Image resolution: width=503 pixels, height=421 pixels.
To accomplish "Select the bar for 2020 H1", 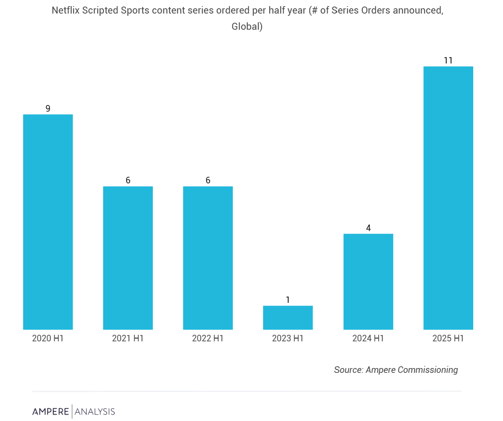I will coord(48,221).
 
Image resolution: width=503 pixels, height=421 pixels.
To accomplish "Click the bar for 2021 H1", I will coord(128,258).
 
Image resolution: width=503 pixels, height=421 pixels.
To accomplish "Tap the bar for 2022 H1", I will coord(208,258).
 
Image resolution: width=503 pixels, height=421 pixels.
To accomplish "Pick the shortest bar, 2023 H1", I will coord(288,317).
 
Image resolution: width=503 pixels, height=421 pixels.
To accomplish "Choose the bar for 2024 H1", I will coord(368,281).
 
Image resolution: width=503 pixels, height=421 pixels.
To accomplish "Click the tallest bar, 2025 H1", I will coord(448,198).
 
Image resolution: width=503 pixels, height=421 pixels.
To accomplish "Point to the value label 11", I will coord(448,60).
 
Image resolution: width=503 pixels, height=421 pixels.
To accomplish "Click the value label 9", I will coord(48,109).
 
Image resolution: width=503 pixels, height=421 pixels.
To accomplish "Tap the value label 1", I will coord(288,300).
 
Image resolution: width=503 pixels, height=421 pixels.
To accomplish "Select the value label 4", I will coord(368,228).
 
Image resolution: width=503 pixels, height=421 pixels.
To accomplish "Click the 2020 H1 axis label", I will coord(48,338).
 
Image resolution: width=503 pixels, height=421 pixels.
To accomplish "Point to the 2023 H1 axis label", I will coord(288,338).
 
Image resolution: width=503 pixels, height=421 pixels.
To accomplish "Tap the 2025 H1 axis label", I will coord(448,338).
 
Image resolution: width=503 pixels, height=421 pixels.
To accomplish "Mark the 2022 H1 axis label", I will coord(208,338).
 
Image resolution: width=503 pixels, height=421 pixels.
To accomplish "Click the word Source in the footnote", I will coord(348,370).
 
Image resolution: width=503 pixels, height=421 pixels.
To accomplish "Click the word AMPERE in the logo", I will coord(50,411).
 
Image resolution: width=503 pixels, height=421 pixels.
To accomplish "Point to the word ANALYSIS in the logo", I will coord(95,411).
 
